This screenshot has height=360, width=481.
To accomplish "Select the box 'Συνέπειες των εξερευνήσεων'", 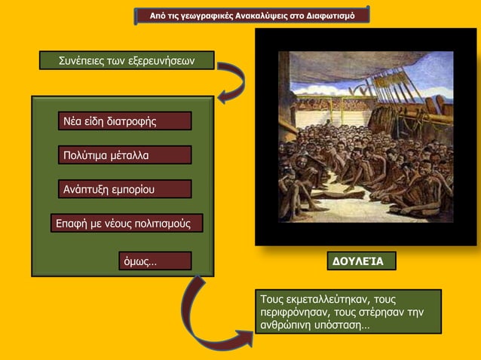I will coord(126,60).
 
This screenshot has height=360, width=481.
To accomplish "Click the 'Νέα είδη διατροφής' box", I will coord(124,121).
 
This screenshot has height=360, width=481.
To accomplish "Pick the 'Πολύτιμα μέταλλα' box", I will coord(124,155).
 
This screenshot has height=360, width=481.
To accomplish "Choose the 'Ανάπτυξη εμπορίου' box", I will coord(124,189).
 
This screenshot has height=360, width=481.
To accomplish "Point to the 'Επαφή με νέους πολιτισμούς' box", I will coord(126,223).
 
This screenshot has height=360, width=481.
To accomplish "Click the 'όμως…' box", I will coord(155,261).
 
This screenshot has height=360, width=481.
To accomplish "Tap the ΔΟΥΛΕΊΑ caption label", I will coord(360,261).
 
